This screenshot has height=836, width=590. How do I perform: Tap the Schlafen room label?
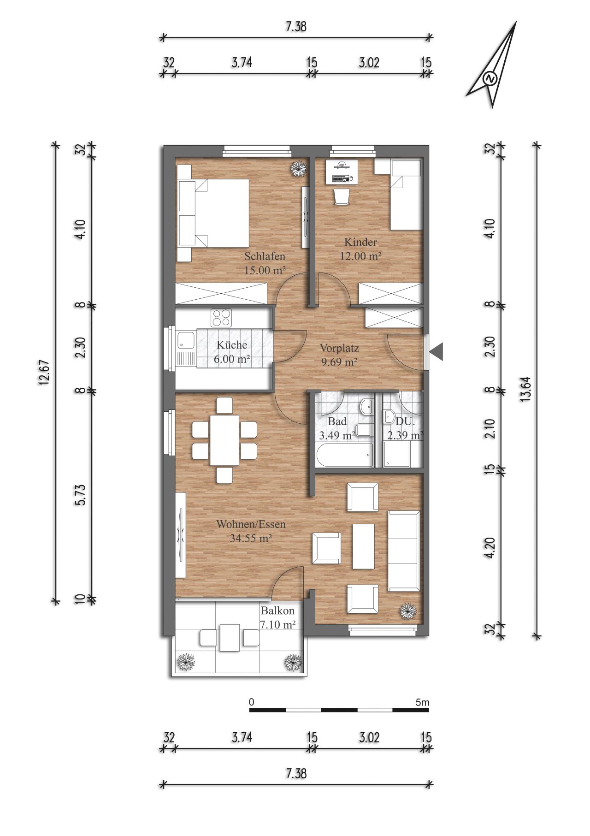(265, 256)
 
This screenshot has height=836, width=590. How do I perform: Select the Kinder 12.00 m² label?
(360, 249)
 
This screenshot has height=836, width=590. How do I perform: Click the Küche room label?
(232, 345)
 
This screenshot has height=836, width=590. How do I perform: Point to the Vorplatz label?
(340, 348)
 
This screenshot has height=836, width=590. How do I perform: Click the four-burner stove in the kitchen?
(221, 318)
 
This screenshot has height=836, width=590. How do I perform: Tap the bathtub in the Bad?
(344, 456)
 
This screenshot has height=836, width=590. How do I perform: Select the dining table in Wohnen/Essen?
(225, 440)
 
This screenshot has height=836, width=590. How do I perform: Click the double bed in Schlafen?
(213, 213)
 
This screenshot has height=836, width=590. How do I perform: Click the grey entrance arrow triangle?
(436, 352)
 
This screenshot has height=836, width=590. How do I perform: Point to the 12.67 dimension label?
(44, 373)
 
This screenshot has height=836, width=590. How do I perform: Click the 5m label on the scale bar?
(422, 703)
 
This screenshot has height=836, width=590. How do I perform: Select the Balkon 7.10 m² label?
(278, 618)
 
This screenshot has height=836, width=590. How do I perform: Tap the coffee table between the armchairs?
(363, 547)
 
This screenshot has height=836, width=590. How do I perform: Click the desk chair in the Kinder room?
(342, 197)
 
